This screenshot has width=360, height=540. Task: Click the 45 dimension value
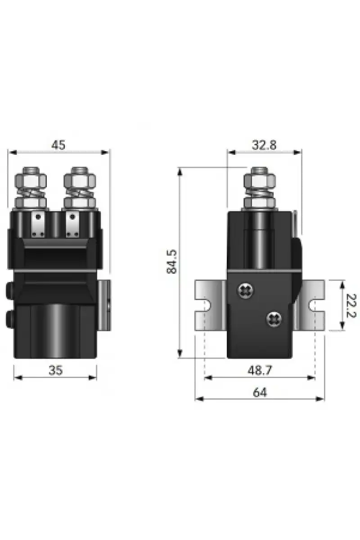[58, 145]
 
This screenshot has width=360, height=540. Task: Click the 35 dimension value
[56, 370]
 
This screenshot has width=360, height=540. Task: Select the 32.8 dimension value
[264, 145]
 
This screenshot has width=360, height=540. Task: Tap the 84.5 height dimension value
[172, 262]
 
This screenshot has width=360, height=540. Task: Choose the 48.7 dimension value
[260, 370]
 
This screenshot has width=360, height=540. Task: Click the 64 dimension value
[260, 392]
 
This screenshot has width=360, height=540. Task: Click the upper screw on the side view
[246, 291]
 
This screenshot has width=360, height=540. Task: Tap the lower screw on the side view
[274, 319]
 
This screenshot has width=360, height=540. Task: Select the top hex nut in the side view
[260, 181]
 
